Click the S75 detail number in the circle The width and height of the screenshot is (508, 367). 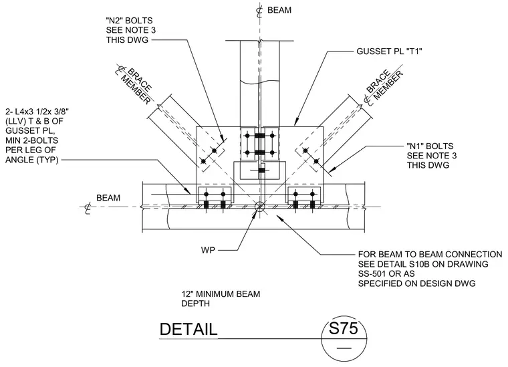pos(344,329)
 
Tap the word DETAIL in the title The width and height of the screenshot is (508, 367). pos(188,330)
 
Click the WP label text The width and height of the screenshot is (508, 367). pos(208,251)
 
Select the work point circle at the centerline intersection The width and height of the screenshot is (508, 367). pos(259,207)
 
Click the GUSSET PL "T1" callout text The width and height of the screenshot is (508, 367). pos(389,51)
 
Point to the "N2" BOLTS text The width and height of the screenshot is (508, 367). pos(129,21)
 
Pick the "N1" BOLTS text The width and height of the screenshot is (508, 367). pos(430,146)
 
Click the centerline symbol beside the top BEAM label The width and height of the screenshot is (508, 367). pos(259,11)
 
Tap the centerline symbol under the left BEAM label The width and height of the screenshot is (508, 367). pos(88,209)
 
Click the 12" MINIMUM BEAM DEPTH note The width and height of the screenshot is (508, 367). pos(221,299)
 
